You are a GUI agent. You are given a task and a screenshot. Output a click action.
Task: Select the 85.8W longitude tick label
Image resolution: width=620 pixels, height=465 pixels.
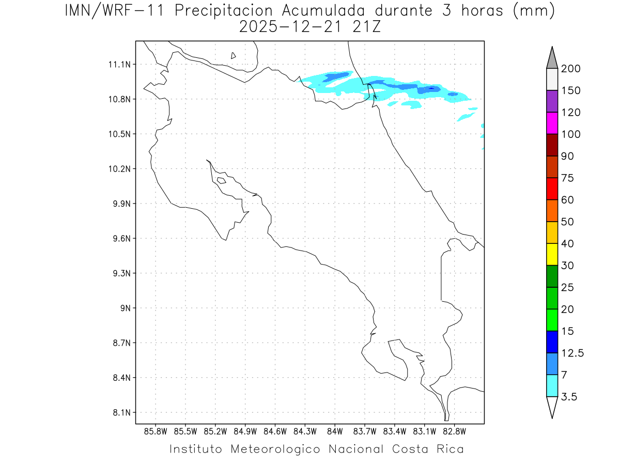coord(156,431)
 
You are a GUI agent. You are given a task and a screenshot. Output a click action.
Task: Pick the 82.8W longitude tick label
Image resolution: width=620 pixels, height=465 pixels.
coord(454,431)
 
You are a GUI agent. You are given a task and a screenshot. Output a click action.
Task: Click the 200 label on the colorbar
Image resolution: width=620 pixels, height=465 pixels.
coord(570,69)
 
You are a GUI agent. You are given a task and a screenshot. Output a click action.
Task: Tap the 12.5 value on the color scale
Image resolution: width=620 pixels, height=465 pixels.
coord(572,353)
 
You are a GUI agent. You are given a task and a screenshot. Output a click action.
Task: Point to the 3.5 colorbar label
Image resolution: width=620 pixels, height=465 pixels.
coord(569,397)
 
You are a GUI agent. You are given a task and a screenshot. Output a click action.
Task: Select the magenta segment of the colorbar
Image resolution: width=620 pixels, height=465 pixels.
coord(552,123)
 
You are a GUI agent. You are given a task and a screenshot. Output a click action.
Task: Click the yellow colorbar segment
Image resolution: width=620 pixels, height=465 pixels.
coord(552,254)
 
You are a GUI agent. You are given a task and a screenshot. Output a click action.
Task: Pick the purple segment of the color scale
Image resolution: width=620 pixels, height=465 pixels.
coord(552,101)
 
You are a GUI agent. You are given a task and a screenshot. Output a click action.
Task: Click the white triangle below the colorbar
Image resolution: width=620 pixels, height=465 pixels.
coord(552,407)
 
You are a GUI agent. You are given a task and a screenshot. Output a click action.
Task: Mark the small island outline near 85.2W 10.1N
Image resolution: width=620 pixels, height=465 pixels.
coord(221,180)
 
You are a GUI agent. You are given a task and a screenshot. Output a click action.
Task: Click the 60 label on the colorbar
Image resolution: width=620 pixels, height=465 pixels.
coord(567,200)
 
